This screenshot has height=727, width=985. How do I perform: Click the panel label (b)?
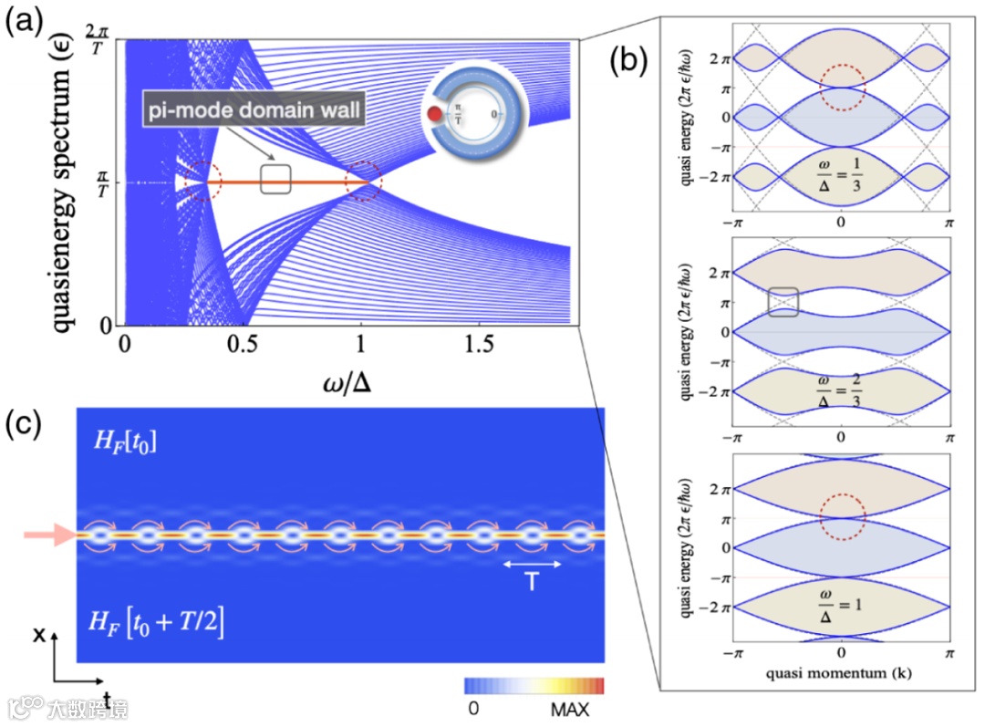click(630, 60)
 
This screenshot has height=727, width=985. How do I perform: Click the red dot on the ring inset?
click(434, 116)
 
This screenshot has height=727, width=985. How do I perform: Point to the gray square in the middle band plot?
click(783, 302)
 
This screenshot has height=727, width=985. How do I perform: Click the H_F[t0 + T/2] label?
click(156, 626)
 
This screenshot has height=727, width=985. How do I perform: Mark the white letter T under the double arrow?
click(532, 584)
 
